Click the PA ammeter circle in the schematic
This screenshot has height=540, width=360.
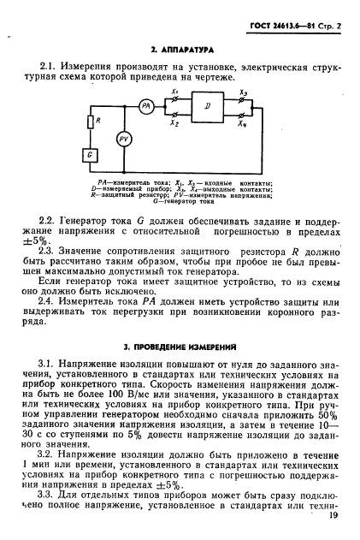(x=146, y=106)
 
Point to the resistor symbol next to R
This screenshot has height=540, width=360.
(x=91, y=123)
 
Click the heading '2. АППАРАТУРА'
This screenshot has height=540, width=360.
(x=181, y=50)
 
